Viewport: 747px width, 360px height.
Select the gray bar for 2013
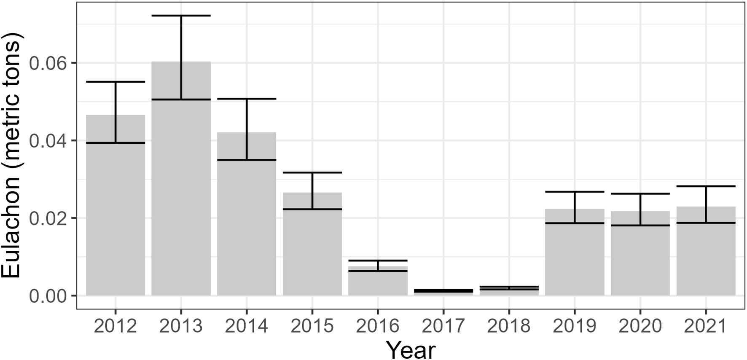pyautogui.click(x=181, y=198)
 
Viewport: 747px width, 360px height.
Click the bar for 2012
pyautogui.click(x=116, y=219)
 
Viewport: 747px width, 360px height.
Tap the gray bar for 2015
pyautogui.click(x=312, y=253)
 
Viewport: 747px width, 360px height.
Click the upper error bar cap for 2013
pyautogui.click(x=181, y=16)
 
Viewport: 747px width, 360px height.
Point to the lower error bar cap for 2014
pyautogui.click(x=247, y=160)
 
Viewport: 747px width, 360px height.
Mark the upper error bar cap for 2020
pyautogui.click(x=640, y=193)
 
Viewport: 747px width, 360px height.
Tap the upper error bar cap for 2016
pyautogui.click(x=378, y=261)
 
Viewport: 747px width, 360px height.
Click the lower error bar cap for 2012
pyautogui.click(x=116, y=143)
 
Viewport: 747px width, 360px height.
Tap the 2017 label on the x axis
pyautogui.click(x=443, y=326)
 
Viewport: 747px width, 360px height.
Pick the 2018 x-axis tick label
pyautogui.click(x=509, y=326)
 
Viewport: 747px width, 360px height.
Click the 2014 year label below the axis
pyautogui.click(x=247, y=326)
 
